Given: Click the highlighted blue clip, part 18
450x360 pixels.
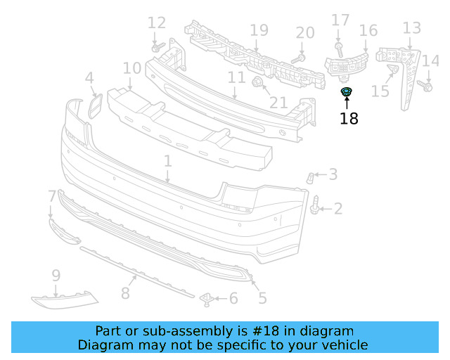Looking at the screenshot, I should [346, 92].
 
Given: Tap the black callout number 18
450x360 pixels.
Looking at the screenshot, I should [349, 119].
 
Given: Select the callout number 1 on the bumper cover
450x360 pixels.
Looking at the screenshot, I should [167, 162].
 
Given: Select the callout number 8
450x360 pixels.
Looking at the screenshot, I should [125, 292].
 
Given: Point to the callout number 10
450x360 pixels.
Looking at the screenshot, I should [132, 68].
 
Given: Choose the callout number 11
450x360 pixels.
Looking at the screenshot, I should [236, 77].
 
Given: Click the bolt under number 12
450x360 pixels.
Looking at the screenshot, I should [158, 49].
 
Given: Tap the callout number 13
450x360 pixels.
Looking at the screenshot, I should [412, 28].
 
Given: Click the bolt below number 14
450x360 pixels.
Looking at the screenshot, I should [425, 86].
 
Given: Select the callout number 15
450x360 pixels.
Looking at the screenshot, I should [380, 91].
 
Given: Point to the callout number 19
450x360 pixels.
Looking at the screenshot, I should [259, 30].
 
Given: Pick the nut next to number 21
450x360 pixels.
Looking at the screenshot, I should [257, 84].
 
